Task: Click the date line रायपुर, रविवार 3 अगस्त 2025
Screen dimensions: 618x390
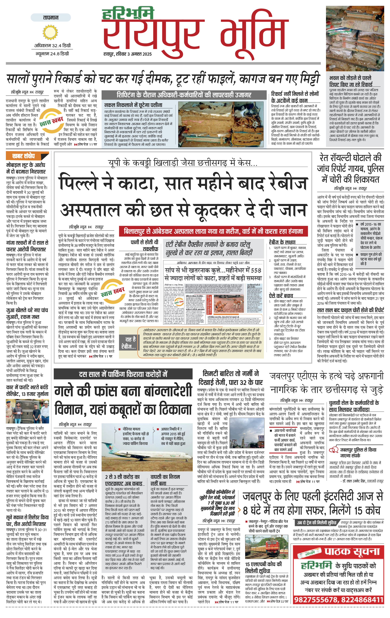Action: (x=128, y=54)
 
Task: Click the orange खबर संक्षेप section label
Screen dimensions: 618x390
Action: (x=24, y=156)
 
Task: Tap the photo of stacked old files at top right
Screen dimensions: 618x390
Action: (x=355, y=39)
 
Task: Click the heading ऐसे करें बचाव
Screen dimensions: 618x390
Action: (x=281, y=296)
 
